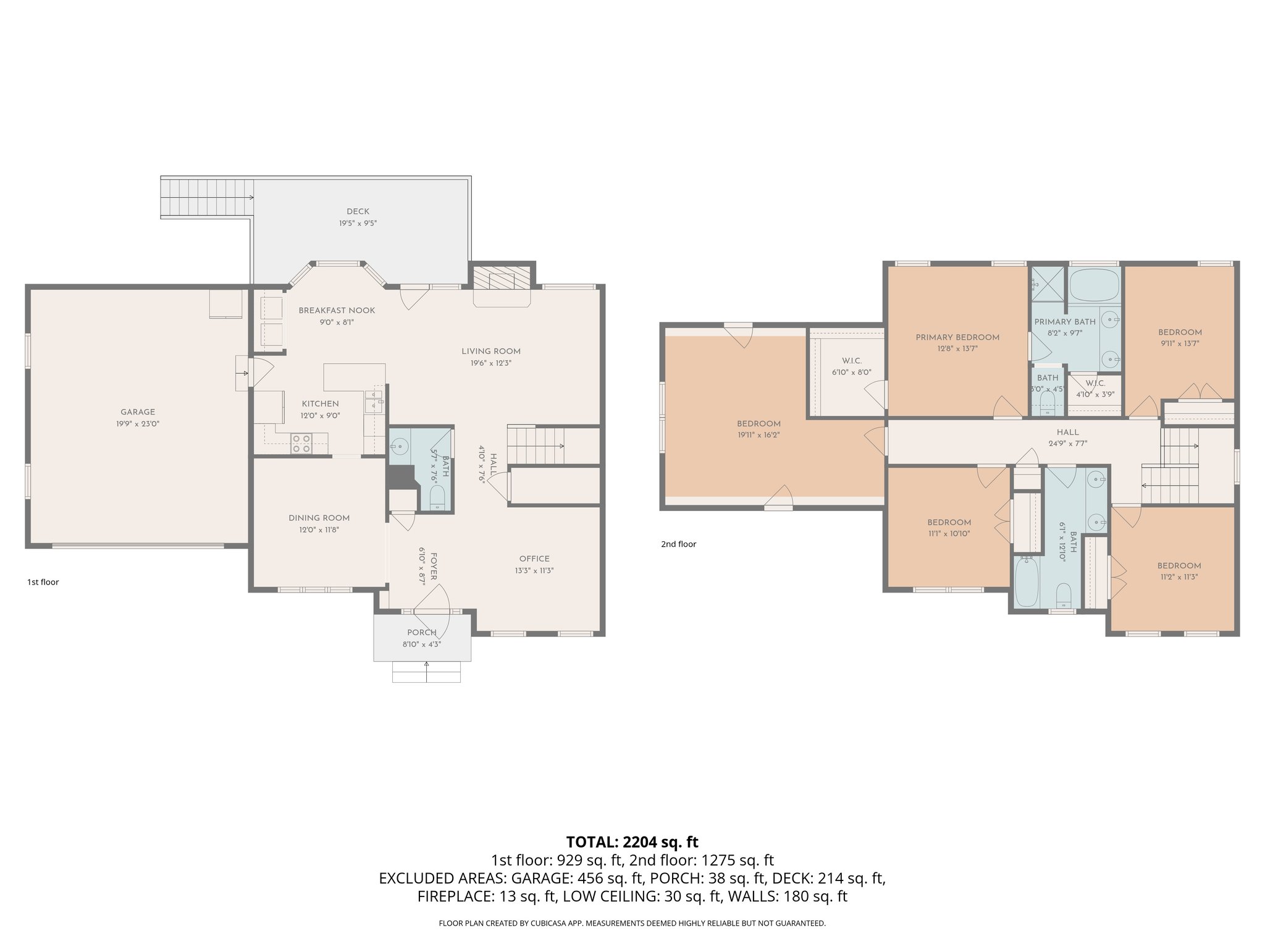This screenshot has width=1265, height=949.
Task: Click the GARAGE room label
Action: tap(138, 412)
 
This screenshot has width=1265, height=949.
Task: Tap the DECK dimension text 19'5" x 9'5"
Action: tap(358, 223)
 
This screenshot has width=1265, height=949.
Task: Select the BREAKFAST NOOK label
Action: tap(337, 310)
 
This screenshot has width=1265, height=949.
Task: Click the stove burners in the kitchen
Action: tap(301, 444)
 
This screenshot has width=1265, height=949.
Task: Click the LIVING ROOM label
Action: tap(491, 351)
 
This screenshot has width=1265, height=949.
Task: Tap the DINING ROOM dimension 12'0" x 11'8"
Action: tap(319, 529)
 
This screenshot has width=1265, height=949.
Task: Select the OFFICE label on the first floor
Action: tap(534, 559)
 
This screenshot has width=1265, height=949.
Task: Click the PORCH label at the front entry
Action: tap(422, 632)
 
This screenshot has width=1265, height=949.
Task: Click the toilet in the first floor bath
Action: tap(437, 498)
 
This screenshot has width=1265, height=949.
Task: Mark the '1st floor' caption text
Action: tap(43, 582)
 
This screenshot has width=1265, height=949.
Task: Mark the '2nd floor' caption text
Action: tap(678, 544)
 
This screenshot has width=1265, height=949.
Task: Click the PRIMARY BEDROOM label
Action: tap(957, 337)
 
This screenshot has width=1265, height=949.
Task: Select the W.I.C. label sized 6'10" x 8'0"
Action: tap(852, 361)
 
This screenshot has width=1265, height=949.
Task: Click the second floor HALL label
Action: tap(1067, 432)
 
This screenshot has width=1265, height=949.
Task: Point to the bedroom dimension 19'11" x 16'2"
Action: tap(759, 435)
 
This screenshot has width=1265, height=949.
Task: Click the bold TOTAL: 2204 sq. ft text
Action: tap(632, 841)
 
